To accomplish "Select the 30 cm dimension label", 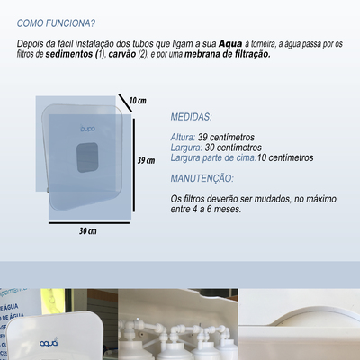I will (x=86, y=230).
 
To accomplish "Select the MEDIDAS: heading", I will (x=192, y=116).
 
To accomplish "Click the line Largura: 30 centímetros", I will (x=216, y=147).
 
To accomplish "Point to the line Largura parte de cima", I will (x=241, y=157).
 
